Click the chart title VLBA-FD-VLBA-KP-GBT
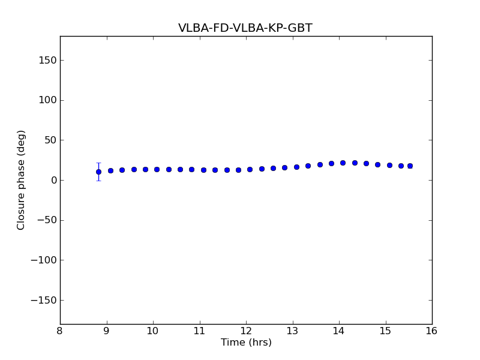pyautogui.click(x=245, y=28)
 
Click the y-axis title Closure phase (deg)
pyautogui.click(x=22, y=180)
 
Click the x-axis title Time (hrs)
pyautogui.click(x=246, y=343)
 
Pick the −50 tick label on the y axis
pyautogui.click(x=46, y=220)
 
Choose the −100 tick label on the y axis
pyautogui.click(x=43, y=260)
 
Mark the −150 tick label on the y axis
pyautogui.click(x=43, y=300)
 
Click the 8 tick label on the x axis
pyautogui.click(x=60, y=331)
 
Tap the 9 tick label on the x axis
pyautogui.click(x=107, y=331)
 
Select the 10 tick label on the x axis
pyautogui.click(x=153, y=331)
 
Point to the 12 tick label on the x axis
pyautogui.click(x=246, y=331)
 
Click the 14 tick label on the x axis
pyautogui.click(x=339, y=331)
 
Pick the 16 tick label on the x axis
pyautogui.click(x=432, y=331)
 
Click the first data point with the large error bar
pyautogui.click(x=98, y=172)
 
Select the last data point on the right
pyautogui.click(x=410, y=166)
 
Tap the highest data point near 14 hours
pyautogui.click(x=343, y=163)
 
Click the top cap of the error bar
pyautogui.click(x=98, y=163)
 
